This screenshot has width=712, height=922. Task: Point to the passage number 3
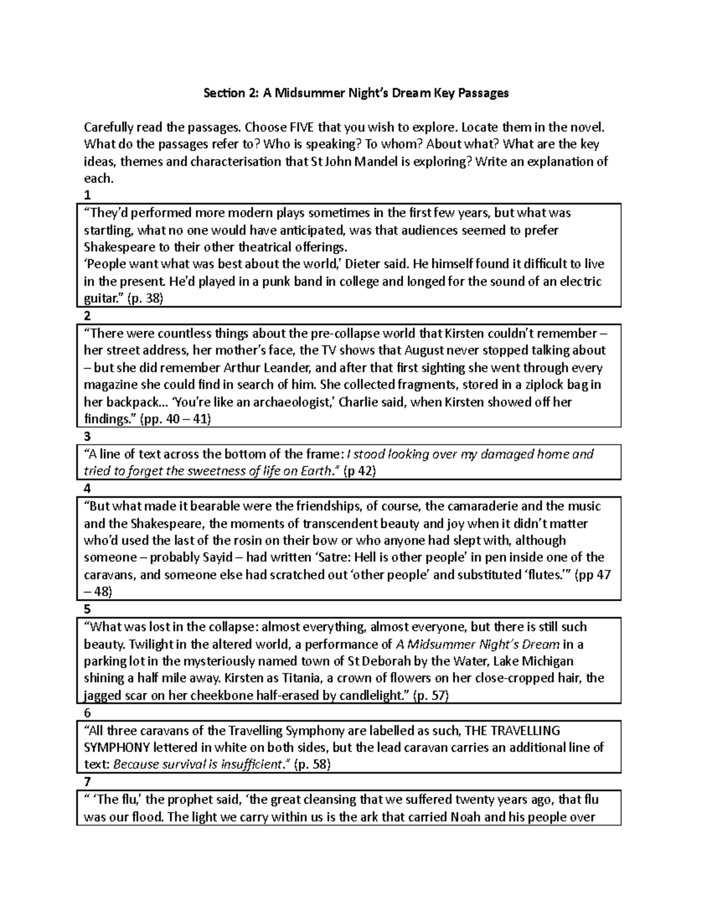click(88, 437)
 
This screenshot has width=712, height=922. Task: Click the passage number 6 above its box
click(88, 713)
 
